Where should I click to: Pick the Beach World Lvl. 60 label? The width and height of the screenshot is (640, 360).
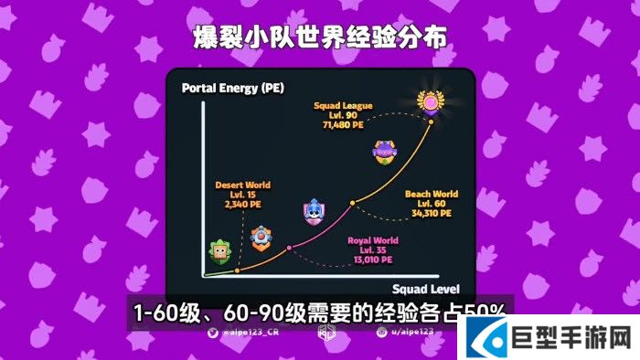click(x=432, y=204)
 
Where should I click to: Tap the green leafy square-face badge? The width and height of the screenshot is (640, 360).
click(x=219, y=251)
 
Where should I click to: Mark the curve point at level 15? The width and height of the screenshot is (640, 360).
click(x=238, y=270)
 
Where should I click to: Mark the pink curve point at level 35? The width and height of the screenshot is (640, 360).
click(x=290, y=248)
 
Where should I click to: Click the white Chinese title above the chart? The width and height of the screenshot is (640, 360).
click(x=320, y=39)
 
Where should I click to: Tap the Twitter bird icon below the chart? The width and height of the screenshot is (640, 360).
click(x=212, y=334)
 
